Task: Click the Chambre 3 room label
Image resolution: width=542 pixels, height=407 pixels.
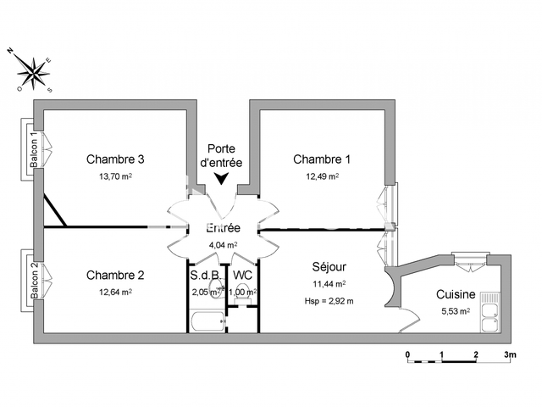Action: (115, 159)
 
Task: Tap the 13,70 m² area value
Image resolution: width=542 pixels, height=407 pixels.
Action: (115, 176)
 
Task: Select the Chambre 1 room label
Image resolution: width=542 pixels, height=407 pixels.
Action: (322, 159)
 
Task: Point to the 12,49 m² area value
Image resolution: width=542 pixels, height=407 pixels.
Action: (322, 176)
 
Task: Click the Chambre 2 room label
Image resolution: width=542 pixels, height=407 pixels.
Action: (115, 275)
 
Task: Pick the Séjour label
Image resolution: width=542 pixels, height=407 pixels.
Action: (329, 267)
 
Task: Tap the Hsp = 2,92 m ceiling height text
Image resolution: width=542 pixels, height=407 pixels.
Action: (329, 301)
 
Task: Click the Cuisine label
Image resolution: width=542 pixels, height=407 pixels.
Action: (456, 294)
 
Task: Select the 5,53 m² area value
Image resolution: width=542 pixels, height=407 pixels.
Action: (456, 311)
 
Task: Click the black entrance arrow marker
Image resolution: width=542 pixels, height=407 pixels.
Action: (220, 179)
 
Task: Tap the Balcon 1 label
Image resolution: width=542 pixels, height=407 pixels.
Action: (34, 149)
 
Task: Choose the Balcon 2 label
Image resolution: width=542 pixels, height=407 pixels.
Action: (34, 280)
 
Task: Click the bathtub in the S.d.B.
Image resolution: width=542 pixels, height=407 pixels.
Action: (207, 321)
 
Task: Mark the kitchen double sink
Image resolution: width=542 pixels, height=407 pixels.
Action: (490, 316)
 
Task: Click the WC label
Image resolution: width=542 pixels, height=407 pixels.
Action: (242, 276)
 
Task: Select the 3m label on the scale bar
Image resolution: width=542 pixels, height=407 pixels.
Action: (510, 354)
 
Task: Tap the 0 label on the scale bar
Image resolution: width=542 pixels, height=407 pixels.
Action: (408, 354)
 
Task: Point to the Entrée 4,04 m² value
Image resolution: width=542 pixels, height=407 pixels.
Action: (223, 245)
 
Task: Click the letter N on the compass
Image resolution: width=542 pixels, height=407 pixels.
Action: (10, 51)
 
